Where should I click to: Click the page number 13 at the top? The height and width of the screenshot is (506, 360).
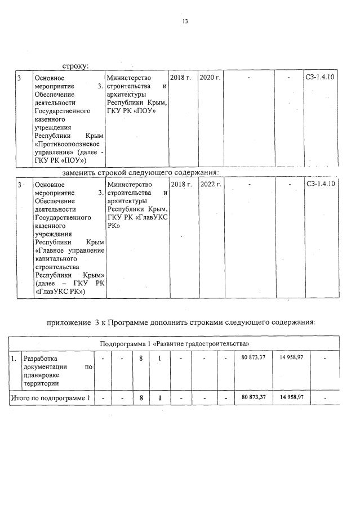click(x=184, y=21)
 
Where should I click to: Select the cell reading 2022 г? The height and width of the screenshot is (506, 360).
click(x=210, y=185)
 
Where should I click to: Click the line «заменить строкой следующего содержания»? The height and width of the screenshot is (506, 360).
click(x=140, y=172)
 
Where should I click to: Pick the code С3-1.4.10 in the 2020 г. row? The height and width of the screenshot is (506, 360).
click(x=320, y=77)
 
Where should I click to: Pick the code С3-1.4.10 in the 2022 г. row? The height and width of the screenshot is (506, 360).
click(x=320, y=185)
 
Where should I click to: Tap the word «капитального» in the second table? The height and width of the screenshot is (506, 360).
click(x=54, y=259)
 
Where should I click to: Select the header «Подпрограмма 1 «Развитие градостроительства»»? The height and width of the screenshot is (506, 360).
click(x=175, y=343)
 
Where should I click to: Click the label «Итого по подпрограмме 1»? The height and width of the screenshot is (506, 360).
click(x=51, y=398)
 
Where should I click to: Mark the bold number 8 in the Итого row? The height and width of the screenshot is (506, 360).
click(x=141, y=398)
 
